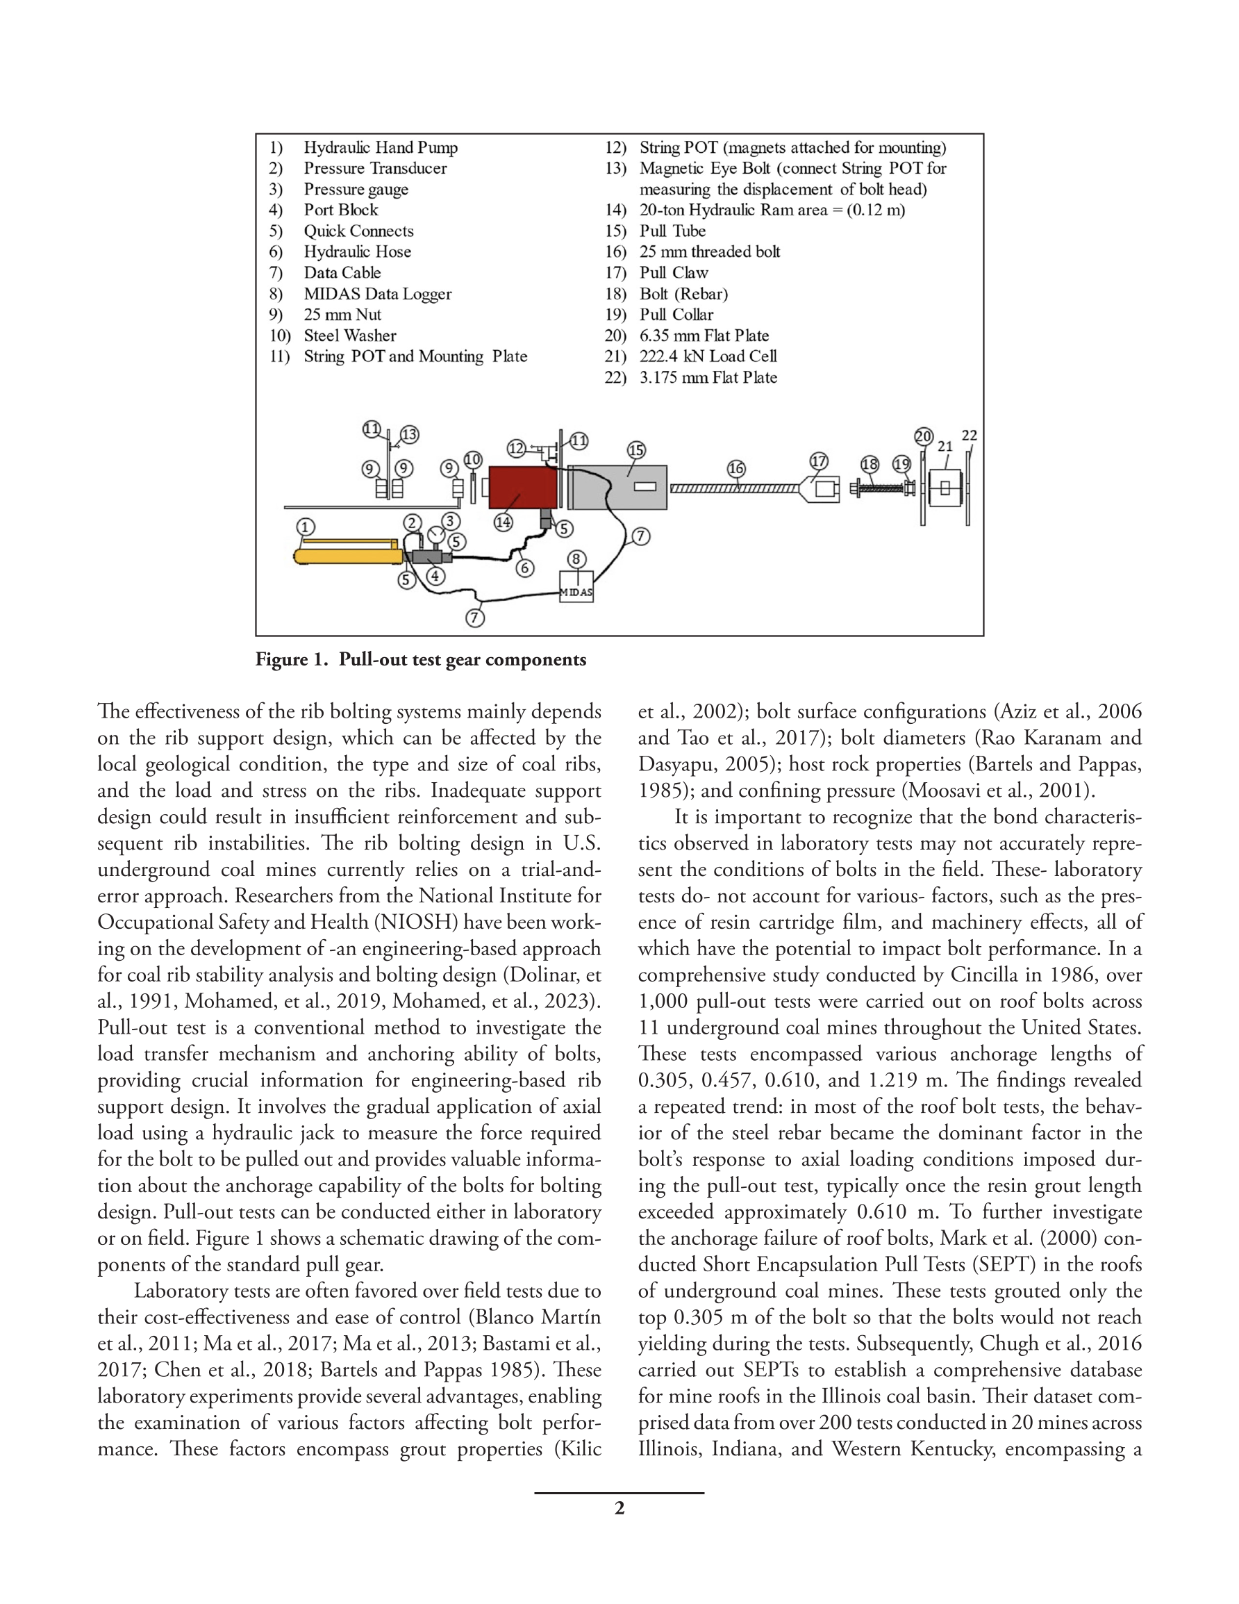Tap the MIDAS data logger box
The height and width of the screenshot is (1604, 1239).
(x=576, y=588)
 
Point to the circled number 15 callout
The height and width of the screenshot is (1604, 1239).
(x=636, y=450)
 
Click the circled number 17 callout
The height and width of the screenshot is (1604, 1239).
(x=819, y=461)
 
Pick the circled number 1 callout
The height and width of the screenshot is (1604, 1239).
(x=306, y=527)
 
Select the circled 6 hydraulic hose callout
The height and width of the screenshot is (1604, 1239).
(x=524, y=568)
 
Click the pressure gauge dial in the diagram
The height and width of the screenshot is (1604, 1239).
(x=436, y=534)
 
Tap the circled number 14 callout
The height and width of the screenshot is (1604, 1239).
(x=503, y=522)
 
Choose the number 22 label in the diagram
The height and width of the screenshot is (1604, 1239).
(x=970, y=436)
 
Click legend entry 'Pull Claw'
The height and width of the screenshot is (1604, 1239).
(x=674, y=272)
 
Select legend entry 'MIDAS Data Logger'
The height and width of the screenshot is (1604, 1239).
(x=378, y=294)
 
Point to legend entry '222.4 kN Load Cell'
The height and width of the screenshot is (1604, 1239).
(x=708, y=356)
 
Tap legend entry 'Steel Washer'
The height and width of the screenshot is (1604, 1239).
(x=349, y=336)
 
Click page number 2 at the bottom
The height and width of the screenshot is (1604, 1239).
(x=619, y=1508)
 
